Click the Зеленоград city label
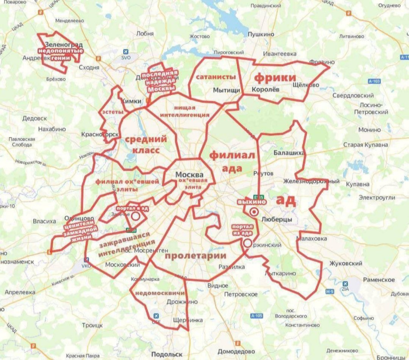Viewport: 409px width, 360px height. pos(64,44)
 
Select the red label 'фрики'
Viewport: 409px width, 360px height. pos(275,78)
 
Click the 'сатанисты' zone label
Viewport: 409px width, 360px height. pos(215,77)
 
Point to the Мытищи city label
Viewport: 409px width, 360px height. pos(226,90)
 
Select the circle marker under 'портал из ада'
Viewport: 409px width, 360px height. pos(248,243)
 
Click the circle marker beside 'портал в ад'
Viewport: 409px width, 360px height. pos(136,216)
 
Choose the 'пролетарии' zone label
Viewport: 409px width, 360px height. pos(195,255)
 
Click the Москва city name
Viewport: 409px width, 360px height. pos(189,175)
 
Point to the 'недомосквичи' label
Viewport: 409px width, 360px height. pos(160,293)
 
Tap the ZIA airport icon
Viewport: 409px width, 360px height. pos(345,283)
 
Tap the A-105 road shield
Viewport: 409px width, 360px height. pos(256,316)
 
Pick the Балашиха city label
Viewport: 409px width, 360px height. pos(289,153)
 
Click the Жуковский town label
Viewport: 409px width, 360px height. pos(345,263)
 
